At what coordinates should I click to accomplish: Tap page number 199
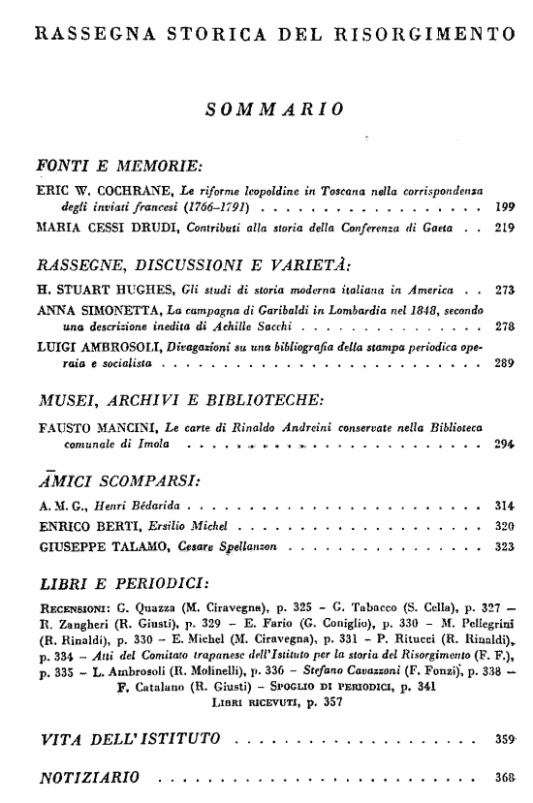504,206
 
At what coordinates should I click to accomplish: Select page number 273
504,289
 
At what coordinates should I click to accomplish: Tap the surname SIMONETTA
121,310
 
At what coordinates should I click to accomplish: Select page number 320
504,527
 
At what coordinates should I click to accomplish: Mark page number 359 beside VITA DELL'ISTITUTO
504,740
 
